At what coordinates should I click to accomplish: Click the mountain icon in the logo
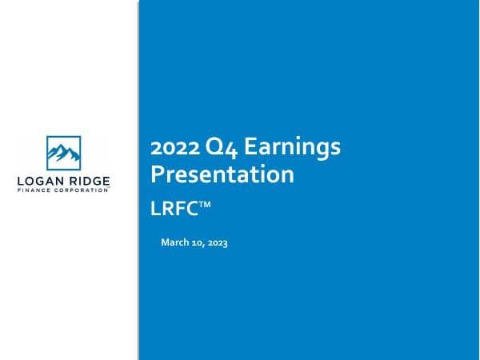[x=64, y=151]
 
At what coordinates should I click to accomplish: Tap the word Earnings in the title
[x=293, y=149]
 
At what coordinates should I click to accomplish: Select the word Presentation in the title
[x=222, y=174]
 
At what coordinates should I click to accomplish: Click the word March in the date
[x=176, y=242]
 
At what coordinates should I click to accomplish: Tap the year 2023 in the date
[x=218, y=242]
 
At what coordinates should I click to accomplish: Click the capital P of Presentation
[x=158, y=174]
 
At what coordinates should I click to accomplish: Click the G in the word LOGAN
[x=38, y=181]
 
